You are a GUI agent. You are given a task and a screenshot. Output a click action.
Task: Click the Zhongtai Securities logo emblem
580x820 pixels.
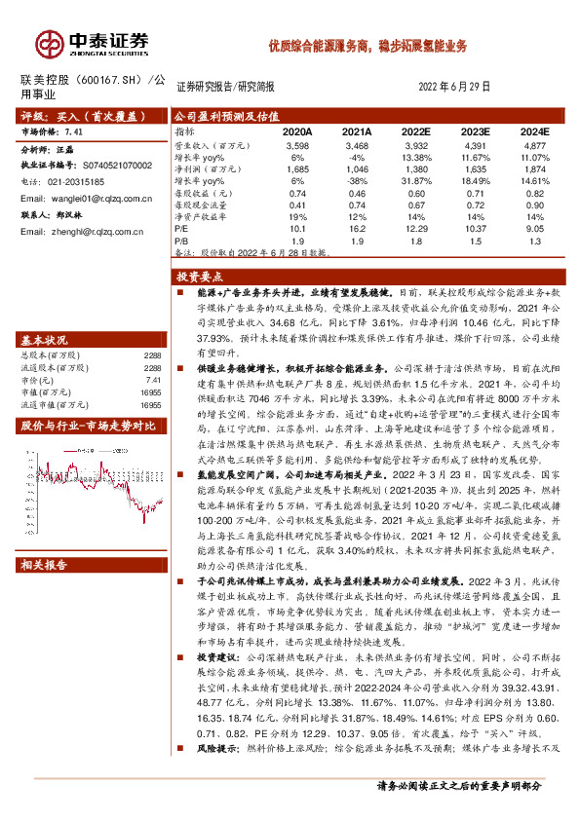(48, 43)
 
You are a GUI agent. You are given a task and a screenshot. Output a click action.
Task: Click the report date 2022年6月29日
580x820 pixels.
(454, 87)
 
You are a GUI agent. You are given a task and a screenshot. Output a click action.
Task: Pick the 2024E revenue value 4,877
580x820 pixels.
(535, 143)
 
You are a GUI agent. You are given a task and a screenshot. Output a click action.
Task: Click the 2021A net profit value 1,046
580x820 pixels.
(357, 168)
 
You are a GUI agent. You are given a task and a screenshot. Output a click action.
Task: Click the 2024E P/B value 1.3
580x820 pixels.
(535, 239)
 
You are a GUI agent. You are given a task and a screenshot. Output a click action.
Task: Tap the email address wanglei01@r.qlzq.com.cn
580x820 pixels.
(81, 198)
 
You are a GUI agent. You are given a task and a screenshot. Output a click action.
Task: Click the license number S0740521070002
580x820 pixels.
(111, 167)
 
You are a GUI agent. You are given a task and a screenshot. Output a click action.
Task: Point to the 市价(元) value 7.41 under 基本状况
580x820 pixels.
(152, 382)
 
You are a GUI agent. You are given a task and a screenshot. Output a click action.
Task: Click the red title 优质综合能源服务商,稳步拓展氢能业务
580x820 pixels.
(367, 46)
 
